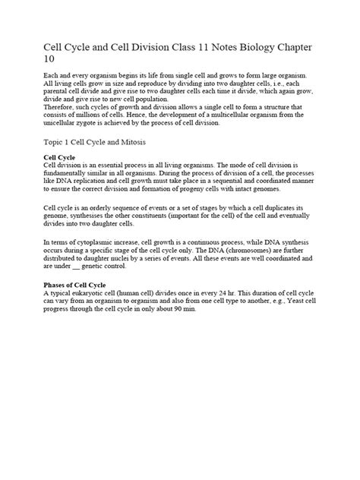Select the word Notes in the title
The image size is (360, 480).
click(210, 49)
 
